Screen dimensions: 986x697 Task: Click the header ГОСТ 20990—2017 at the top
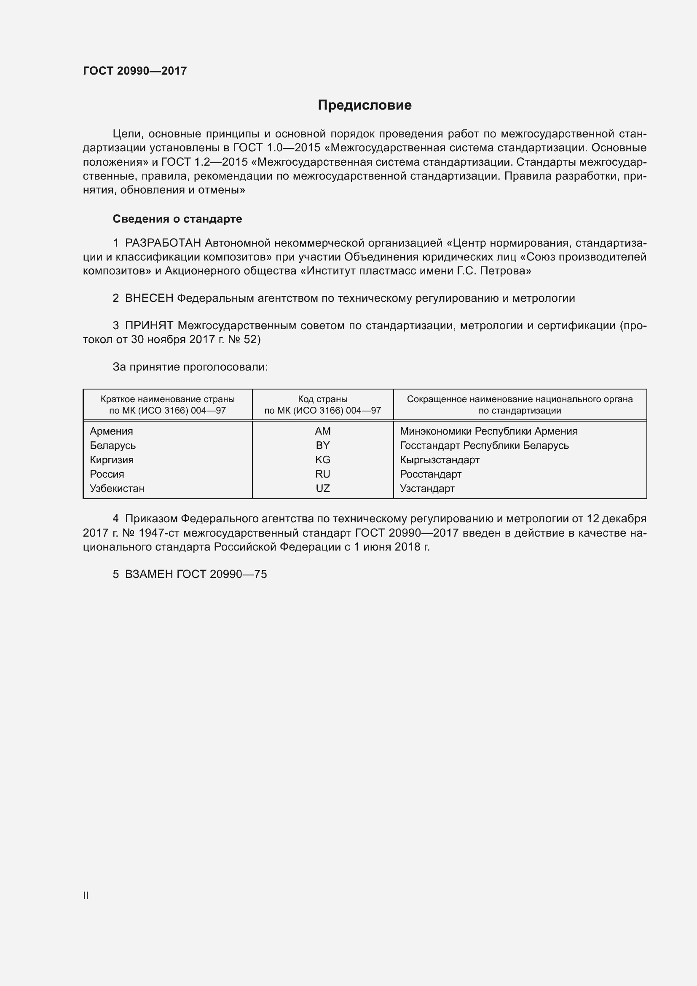click(135, 71)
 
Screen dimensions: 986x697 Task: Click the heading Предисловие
click(365, 105)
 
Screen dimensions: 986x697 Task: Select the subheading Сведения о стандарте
click(177, 219)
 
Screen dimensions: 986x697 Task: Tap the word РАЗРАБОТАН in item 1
click(163, 243)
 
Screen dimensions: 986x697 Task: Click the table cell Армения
click(112, 431)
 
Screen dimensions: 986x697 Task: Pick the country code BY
click(323, 445)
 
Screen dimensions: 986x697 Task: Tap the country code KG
click(323, 460)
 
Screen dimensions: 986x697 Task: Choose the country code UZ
click(323, 488)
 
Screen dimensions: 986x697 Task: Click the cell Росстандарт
click(431, 474)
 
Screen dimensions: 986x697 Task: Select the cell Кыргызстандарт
click(440, 460)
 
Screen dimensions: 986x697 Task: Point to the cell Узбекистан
click(117, 488)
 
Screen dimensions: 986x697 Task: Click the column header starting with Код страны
click(323, 405)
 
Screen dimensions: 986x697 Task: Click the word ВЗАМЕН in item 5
click(149, 574)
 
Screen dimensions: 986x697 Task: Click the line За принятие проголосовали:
click(190, 367)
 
